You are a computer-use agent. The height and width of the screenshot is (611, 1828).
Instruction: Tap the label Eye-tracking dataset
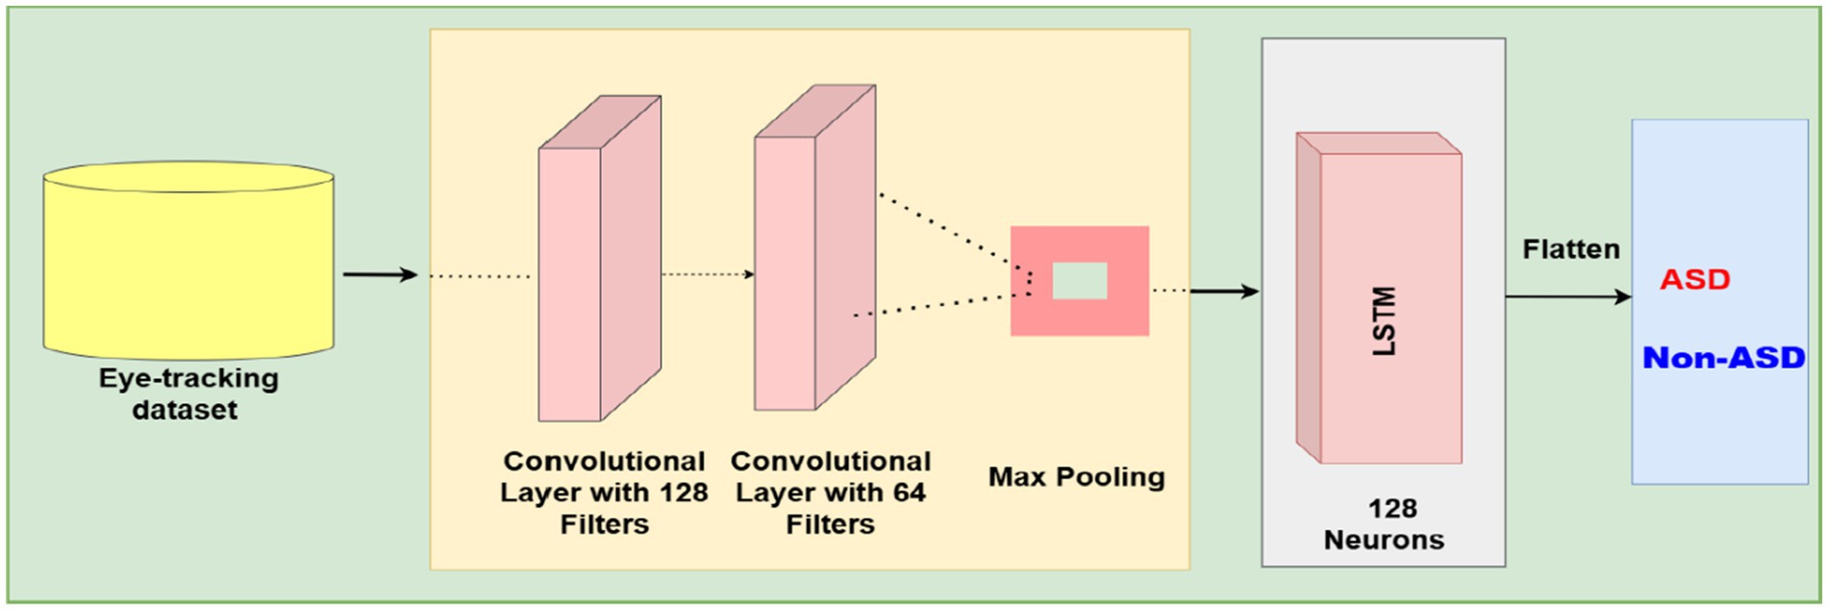click(188, 394)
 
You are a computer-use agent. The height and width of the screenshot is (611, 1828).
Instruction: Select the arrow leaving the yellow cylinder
click(380, 275)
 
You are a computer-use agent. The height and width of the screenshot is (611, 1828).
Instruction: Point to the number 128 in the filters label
click(683, 493)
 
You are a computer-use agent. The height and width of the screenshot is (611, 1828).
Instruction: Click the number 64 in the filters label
click(908, 493)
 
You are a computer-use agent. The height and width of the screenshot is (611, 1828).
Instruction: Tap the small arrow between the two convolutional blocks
click(707, 275)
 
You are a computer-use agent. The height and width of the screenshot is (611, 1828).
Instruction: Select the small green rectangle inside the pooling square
click(1079, 281)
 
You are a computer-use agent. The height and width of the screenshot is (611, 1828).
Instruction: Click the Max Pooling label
click(1076, 477)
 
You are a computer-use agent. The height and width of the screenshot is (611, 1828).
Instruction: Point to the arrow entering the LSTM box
click(1224, 291)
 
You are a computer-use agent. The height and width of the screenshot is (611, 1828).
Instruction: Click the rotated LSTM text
click(1383, 321)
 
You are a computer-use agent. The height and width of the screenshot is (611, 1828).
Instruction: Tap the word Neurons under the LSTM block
click(1384, 540)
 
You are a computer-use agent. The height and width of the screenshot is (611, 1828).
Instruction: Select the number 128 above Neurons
click(1391, 508)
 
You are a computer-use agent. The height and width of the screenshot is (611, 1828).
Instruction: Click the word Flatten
click(1570, 250)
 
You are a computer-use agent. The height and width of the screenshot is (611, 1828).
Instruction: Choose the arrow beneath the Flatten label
click(1567, 296)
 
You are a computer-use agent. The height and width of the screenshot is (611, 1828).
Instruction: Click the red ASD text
click(1694, 280)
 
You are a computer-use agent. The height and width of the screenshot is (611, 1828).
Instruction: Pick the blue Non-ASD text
click(1723, 358)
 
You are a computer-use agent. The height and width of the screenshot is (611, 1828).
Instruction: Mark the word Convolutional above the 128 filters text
click(604, 462)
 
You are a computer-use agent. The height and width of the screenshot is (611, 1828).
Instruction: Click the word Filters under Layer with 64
click(830, 524)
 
